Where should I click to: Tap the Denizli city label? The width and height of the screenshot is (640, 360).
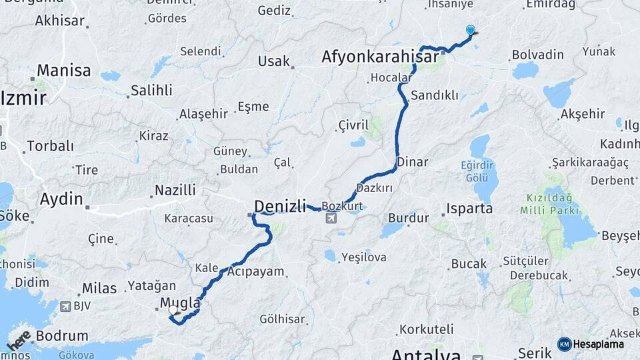280,205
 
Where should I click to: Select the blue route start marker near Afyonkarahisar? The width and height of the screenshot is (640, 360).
471,30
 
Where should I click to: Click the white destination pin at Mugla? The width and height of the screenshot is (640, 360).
173,309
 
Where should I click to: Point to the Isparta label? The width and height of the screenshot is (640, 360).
469,209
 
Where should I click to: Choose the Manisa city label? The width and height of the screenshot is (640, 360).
64,70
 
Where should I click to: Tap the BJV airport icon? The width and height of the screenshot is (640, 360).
65,307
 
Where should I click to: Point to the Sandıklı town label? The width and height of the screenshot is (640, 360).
435,95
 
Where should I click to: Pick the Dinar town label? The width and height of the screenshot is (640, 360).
413,161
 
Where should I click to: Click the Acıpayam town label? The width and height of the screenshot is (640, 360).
255,272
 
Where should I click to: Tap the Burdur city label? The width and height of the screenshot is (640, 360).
408,218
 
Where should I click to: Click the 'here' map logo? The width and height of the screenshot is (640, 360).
19,340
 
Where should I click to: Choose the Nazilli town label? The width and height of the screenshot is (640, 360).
175,190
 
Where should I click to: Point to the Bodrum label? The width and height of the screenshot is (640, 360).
62,336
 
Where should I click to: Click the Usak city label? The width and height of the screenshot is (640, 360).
274,61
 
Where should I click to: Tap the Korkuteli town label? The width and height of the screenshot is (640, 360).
426,329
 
